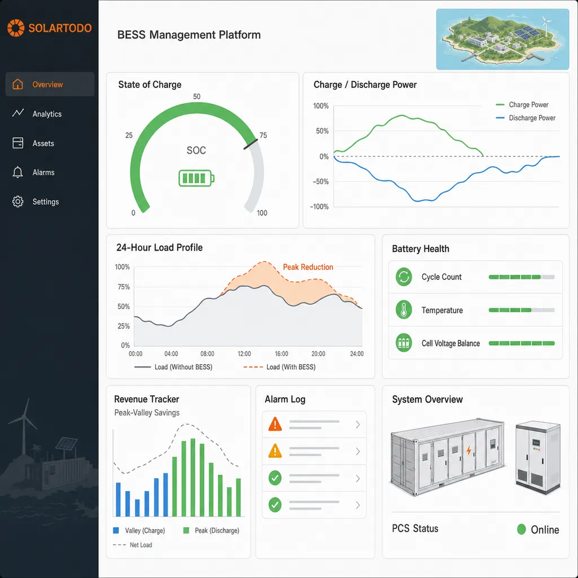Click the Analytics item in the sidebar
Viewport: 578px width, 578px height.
point(37,113)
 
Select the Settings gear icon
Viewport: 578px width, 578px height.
point(17,202)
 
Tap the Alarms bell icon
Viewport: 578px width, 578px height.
point(17,172)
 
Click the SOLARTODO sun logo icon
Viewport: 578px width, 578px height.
point(16,28)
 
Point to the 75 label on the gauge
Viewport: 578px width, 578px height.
point(263,135)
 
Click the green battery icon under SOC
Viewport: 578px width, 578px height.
point(196,178)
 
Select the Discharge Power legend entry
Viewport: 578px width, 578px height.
point(526,118)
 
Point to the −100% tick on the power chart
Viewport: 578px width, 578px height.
point(319,207)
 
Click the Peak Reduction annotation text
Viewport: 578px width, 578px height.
point(308,267)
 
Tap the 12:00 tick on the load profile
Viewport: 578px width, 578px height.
point(244,354)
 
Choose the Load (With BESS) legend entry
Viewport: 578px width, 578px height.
point(279,367)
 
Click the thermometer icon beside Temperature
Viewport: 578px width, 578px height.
point(404,310)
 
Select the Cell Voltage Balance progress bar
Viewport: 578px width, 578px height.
point(522,343)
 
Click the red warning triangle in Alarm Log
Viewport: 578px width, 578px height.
point(275,424)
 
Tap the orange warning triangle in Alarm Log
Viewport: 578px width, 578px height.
point(275,451)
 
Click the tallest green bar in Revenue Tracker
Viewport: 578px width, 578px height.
point(193,478)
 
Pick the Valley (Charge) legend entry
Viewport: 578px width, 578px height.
point(139,531)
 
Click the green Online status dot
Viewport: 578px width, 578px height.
point(521,529)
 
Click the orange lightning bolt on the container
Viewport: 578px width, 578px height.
point(468,450)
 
